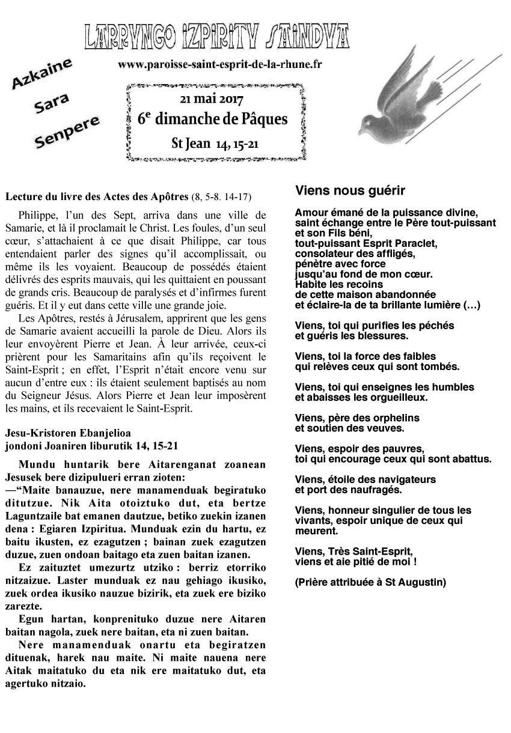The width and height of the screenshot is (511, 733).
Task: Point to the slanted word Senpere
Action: pos(66,133)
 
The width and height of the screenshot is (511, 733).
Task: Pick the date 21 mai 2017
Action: pos(215,98)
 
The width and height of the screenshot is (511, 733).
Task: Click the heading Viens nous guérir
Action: pos(350,191)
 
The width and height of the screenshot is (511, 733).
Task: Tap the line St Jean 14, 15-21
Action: pos(215,145)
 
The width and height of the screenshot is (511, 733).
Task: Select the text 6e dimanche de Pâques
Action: pos(212,119)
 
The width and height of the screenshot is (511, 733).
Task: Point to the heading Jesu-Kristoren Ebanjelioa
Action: pos(67,433)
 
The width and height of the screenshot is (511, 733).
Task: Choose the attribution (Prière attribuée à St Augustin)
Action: pos(371,582)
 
